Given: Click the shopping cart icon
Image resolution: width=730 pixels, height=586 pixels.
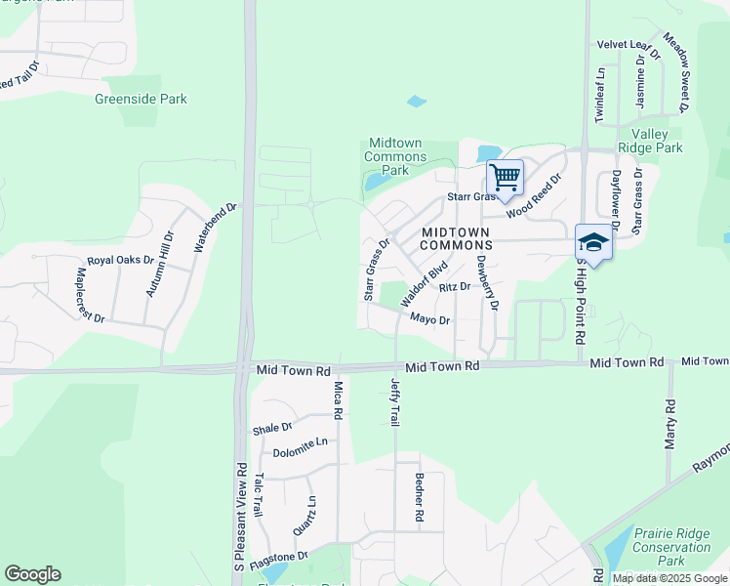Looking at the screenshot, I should (x=505, y=178).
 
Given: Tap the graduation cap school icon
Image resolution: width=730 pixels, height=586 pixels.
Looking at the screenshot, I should (x=592, y=241).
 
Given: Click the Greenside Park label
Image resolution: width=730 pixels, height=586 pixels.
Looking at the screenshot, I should (x=141, y=99).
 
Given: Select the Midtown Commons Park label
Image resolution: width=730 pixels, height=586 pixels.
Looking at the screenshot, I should (x=395, y=156).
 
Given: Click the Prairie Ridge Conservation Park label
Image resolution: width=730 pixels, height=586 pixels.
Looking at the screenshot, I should (x=672, y=547).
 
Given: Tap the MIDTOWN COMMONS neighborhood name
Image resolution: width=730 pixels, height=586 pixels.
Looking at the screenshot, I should (x=457, y=238).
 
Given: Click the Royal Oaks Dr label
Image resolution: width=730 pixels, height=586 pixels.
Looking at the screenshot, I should (x=120, y=261).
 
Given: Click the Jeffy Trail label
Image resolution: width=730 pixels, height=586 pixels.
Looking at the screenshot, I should (x=395, y=401).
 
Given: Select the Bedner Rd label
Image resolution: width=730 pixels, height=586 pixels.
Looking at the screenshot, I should (x=418, y=496).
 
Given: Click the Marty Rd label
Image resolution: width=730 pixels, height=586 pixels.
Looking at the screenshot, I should (x=670, y=423).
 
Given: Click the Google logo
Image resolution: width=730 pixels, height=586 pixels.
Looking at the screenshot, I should (x=32, y=574).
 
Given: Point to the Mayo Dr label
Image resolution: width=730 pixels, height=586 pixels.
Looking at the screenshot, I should (x=429, y=319).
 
